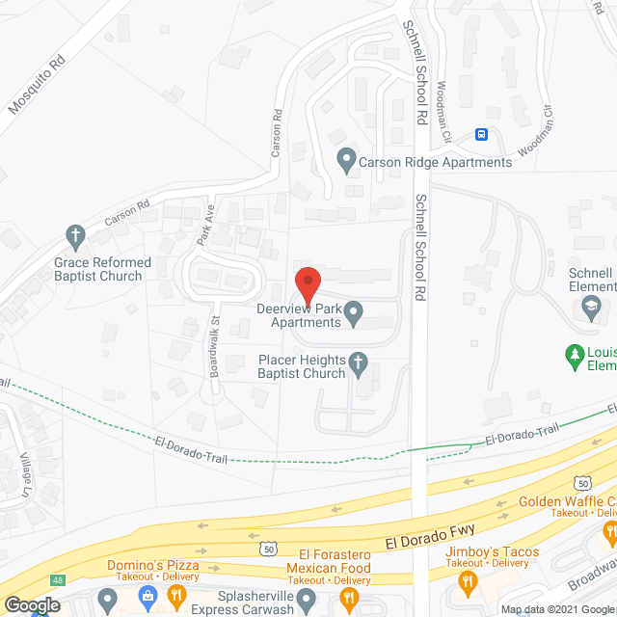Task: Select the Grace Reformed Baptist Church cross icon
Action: click(x=75, y=234)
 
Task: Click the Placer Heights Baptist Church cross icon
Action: click(x=358, y=362)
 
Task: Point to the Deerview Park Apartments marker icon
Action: click(x=354, y=310)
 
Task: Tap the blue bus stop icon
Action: click(x=482, y=135)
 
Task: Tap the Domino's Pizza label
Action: click(x=155, y=565)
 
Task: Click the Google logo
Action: click(x=32, y=604)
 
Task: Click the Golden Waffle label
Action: click(x=567, y=501)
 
